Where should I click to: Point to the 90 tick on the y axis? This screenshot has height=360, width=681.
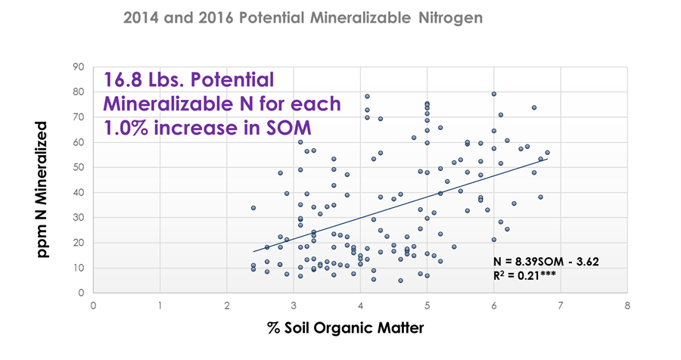pyautogui.click(x=79, y=67)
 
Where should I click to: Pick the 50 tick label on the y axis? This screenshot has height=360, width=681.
pyautogui.click(x=79, y=167)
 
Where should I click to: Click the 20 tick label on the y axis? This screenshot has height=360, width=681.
pyautogui.click(x=79, y=243)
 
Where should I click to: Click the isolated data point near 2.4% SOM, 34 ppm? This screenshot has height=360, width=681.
pyautogui.click(x=253, y=207)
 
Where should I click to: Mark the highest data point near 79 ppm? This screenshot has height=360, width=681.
pyautogui.click(x=493, y=94)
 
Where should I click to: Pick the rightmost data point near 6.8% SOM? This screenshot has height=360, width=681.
pyautogui.click(x=547, y=153)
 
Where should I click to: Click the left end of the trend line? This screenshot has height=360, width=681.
pyautogui.click(x=253, y=251)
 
